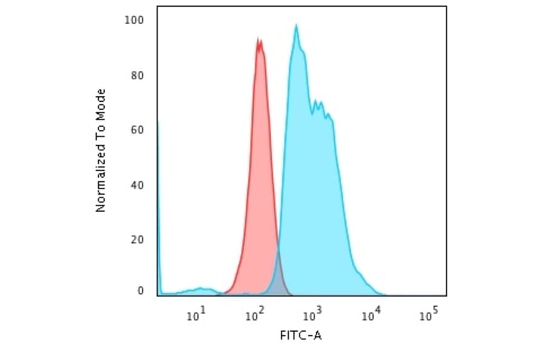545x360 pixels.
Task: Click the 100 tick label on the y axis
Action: pyautogui.click(x=134, y=21)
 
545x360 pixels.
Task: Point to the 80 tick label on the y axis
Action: pyautogui.click(x=137, y=76)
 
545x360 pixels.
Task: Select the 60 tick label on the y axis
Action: pyautogui.click(x=137, y=130)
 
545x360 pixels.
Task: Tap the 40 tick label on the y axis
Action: pyautogui.click(x=137, y=185)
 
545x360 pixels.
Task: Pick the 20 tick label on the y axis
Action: pyautogui.click(x=137, y=239)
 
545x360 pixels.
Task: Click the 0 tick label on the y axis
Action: pyautogui.click(x=140, y=291)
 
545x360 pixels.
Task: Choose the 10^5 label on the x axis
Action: pyautogui.click(x=428, y=315)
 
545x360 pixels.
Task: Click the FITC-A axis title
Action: pyautogui.click(x=301, y=335)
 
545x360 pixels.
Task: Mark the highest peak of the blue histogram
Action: pyautogui.click(x=296, y=25)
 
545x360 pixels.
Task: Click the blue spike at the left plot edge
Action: pyautogui.click(x=158, y=182)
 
